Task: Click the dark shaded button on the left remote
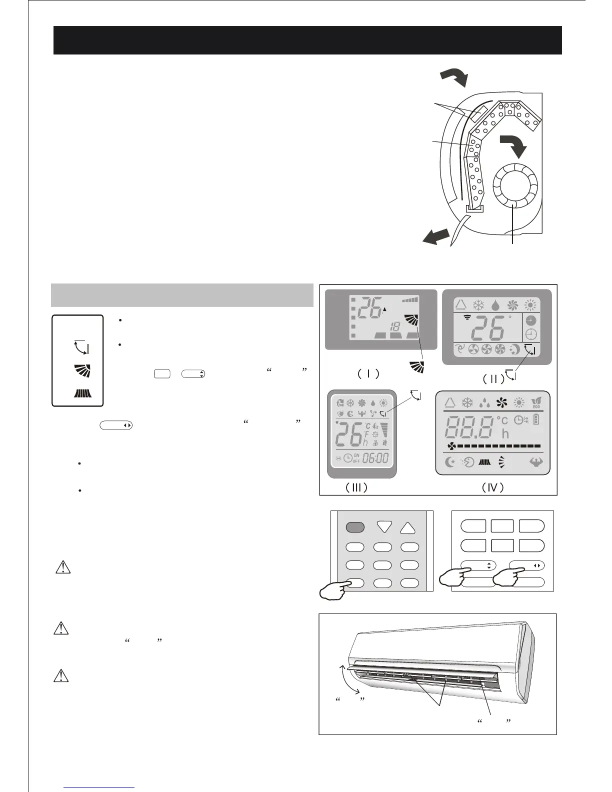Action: pos(354,527)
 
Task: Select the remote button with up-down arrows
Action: pos(478,565)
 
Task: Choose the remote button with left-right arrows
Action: pos(526,565)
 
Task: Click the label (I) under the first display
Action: pos(368,373)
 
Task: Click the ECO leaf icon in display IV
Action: pos(535,402)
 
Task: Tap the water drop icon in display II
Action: pos(495,305)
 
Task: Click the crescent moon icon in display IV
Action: pos(449,462)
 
